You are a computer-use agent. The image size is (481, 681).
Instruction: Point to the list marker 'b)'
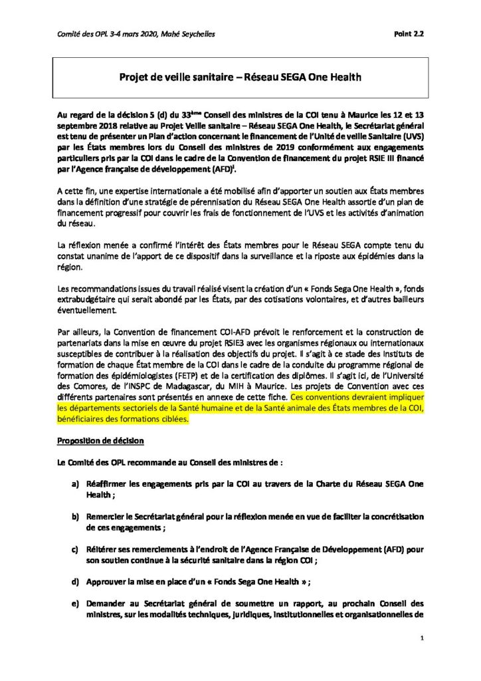point(75,516)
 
